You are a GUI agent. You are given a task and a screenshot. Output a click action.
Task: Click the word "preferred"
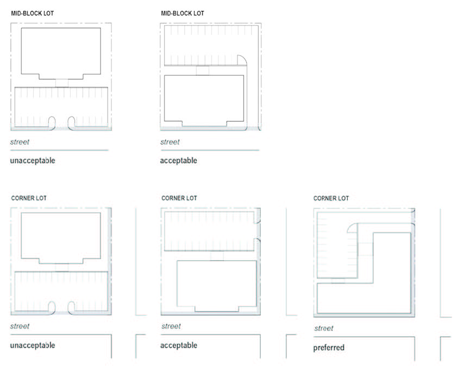(329, 347)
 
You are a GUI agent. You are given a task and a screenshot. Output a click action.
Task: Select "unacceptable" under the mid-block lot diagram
(33, 161)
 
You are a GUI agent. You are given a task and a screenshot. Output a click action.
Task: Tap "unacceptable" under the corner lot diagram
(33, 345)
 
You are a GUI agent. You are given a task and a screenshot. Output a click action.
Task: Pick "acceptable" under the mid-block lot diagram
(178, 161)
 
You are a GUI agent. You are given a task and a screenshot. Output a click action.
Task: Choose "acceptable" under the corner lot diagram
(178, 345)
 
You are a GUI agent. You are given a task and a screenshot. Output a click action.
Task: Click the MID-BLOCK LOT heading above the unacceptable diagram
(33, 13)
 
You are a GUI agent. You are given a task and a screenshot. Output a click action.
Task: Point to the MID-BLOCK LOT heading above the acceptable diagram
(183, 13)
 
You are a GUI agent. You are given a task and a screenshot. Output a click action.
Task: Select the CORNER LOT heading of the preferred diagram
(331, 199)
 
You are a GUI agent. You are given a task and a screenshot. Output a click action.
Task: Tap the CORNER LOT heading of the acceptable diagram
(179, 198)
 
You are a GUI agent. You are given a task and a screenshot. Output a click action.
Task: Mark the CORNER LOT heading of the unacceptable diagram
(29, 198)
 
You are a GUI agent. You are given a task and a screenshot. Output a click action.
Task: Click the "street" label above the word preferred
(324, 328)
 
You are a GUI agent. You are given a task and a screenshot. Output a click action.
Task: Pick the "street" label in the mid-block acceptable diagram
(170, 142)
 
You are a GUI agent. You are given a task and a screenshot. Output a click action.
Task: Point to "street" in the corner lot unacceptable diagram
(20, 326)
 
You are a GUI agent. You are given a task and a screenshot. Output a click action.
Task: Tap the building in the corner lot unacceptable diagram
(61, 236)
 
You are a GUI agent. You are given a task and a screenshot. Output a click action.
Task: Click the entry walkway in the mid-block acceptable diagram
(203, 70)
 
